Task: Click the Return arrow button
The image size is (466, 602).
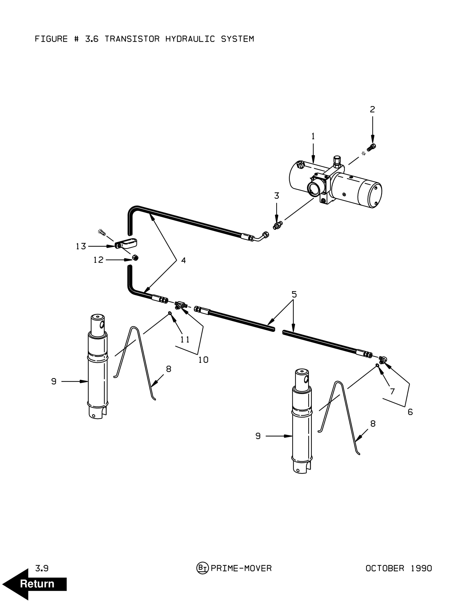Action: tap(34, 584)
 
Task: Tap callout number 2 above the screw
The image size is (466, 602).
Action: tap(372, 109)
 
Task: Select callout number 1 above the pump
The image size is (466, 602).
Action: tap(313, 136)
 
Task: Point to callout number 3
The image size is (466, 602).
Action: tap(277, 196)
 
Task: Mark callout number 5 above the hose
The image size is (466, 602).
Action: tap(294, 294)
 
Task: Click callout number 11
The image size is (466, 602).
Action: tap(185, 340)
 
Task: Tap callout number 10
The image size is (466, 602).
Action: tap(203, 360)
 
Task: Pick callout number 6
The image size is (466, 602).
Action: tap(410, 412)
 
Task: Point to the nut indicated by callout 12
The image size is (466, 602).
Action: tap(135, 258)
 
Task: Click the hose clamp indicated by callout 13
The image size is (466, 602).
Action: tap(126, 244)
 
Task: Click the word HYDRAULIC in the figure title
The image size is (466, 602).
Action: tap(190, 39)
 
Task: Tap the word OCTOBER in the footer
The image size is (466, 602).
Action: tap(385, 568)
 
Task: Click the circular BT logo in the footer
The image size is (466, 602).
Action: tap(202, 568)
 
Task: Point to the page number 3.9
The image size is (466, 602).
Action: tap(42, 568)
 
